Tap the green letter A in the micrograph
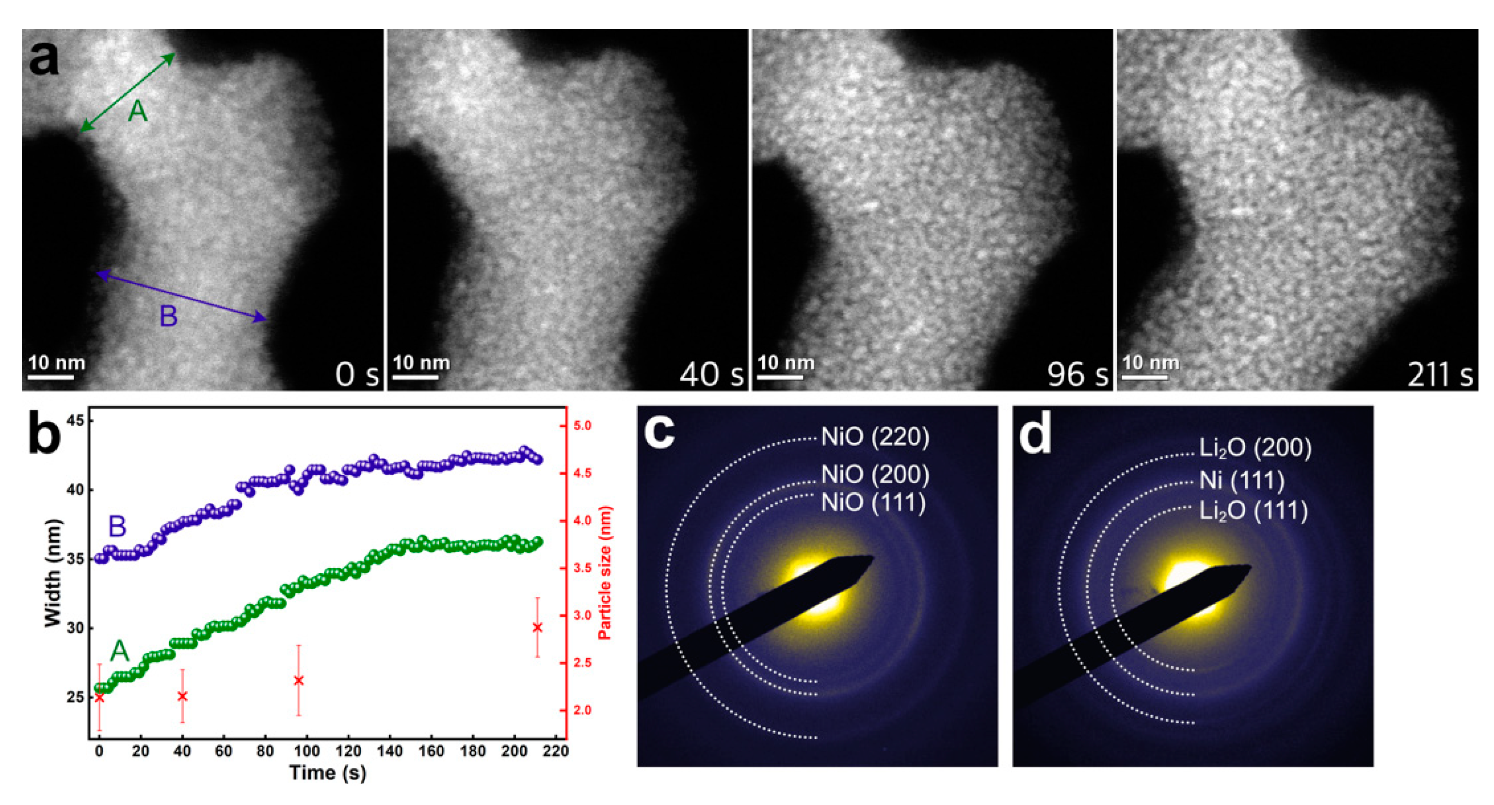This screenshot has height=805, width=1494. tap(137, 111)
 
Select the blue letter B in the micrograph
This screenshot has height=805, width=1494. tap(168, 317)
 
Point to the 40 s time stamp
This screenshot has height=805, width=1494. tap(711, 374)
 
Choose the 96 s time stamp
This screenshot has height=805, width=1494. tap(1077, 374)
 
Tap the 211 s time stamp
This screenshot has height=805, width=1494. tap(1440, 374)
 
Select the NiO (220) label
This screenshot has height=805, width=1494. tap(875, 437)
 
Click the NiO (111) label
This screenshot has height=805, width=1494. tap(873, 502)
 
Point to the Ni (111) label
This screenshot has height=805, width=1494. tap(1242, 480)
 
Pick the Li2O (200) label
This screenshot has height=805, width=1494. tap(1255, 448)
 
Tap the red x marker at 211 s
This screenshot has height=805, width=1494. tap(537, 628)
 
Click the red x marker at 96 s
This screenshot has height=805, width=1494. tap(299, 680)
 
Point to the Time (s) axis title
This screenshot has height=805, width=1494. tap(328, 773)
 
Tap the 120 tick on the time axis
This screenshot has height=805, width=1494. tap(348, 751)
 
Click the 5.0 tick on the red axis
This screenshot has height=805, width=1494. tap(582, 426)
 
